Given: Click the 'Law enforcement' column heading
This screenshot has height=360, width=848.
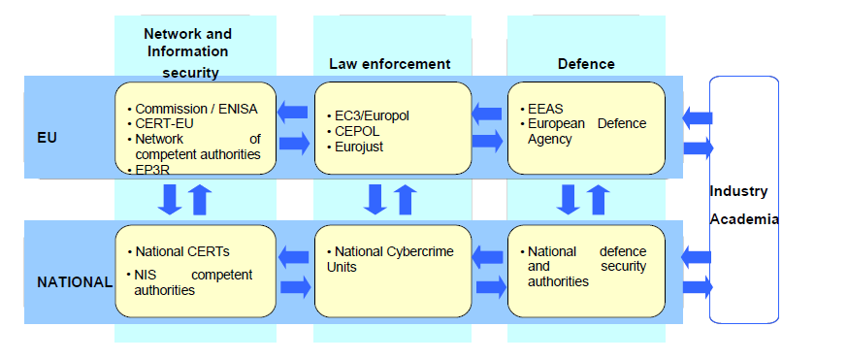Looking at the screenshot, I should click(390, 64).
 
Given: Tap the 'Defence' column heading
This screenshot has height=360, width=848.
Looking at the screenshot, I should click(585, 64).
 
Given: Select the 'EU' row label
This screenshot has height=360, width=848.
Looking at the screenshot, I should click(46, 138).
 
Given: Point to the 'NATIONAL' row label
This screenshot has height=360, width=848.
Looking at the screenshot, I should click(75, 282).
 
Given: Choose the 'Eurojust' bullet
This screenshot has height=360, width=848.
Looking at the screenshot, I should click(359, 147).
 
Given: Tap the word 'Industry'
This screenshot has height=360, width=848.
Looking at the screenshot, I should click(738, 191).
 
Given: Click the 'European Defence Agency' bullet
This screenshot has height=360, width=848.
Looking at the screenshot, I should click(586, 131).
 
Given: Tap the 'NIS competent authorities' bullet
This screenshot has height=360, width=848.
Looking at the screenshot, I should click(192, 282).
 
